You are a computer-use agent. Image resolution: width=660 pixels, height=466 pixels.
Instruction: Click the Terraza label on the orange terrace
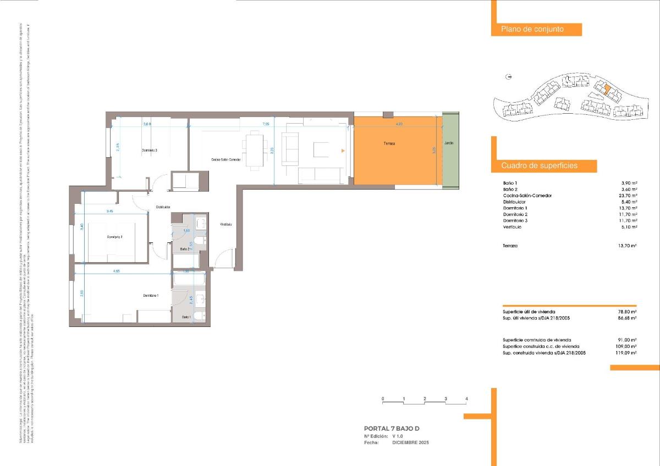(x=389, y=143)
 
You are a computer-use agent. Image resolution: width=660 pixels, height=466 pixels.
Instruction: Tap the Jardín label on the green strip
(x=450, y=143)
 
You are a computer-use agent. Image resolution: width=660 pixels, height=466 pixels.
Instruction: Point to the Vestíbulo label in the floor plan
(x=226, y=224)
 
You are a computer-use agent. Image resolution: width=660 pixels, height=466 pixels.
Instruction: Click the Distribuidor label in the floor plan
(x=163, y=207)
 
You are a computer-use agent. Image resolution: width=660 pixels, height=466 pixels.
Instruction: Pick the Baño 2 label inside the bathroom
(x=185, y=249)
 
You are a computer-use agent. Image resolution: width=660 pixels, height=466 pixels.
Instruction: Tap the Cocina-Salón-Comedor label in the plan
(x=226, y=160)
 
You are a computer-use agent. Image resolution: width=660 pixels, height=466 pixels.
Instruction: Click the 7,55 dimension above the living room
(x=266, y=124)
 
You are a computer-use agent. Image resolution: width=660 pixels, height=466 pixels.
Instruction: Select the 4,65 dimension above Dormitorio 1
(x=117, y=271)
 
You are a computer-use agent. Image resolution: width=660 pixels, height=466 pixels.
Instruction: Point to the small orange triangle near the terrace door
(x=343, y=150)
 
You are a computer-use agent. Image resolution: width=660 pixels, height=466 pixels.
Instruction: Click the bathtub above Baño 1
(x=189, y=280)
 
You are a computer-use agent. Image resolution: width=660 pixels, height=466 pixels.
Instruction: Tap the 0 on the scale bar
(x=383, y=398)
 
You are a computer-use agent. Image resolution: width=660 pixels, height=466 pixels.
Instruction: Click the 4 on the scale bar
(x=466, y=398)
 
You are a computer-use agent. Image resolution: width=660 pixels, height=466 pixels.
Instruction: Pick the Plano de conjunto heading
(x=532, y=29)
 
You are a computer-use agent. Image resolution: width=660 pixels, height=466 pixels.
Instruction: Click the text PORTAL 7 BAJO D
(x=395, y=428)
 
